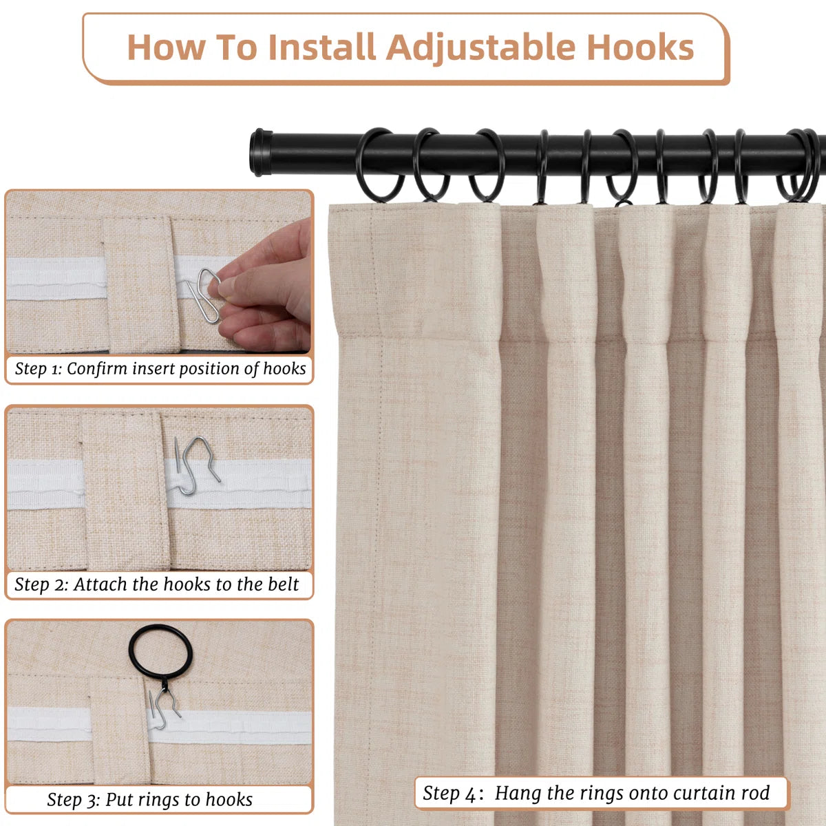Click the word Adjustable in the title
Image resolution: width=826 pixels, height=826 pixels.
click(480, 47)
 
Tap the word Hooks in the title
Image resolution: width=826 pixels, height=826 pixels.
click(640, 47)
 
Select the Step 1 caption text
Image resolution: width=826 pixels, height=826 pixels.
click(160, 369)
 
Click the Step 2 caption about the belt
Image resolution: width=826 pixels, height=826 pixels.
click(157, 584)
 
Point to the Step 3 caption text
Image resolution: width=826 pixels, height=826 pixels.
click(149, 800)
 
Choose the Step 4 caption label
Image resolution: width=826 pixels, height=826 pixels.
click(596, 793)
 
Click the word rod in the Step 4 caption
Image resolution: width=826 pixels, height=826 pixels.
click(755, 793)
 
